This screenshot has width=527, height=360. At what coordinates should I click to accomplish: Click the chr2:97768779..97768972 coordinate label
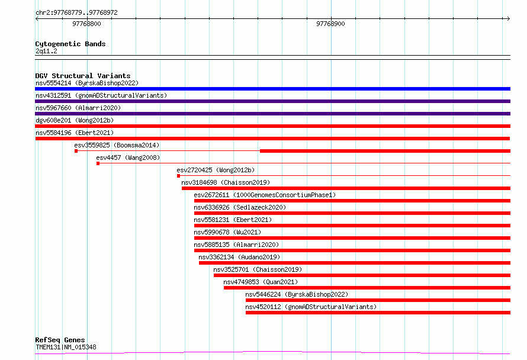coord(76,13)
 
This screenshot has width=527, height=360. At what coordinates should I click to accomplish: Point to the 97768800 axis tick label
coord(86,24)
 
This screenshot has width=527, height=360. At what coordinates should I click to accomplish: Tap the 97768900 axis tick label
coord(330,24)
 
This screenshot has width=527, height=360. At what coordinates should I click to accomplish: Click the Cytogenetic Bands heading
coord(70,44)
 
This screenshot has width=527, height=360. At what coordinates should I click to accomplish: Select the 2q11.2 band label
coord(46,51)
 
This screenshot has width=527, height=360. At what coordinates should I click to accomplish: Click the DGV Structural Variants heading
coord(83,76)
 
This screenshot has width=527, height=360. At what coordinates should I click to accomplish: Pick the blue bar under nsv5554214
coord(272,89)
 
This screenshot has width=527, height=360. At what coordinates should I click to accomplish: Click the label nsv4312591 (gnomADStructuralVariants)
coord(101,95)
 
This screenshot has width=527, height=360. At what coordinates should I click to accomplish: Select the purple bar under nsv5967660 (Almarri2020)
coord(272,114)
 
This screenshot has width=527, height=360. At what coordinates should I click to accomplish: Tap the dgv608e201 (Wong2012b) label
coord(75,120)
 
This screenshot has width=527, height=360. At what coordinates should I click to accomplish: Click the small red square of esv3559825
coord(76,151)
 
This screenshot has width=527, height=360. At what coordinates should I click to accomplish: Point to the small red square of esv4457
coord(98,163)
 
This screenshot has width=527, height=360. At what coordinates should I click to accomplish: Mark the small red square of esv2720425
coord(178,176)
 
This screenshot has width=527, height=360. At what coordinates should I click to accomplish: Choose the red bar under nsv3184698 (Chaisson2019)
coord(346,188)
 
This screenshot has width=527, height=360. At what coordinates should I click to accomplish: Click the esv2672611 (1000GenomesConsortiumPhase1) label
coord(265,195)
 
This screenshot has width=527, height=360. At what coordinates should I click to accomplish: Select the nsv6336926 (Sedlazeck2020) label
coord(240,207)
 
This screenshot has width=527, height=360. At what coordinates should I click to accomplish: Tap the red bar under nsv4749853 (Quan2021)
coord(367,288)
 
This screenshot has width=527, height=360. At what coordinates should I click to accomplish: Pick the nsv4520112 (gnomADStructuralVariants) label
coord(311,307)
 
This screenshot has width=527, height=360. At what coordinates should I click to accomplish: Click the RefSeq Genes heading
coord(60,340)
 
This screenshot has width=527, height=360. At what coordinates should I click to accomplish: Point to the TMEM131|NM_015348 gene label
coord(66,347)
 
